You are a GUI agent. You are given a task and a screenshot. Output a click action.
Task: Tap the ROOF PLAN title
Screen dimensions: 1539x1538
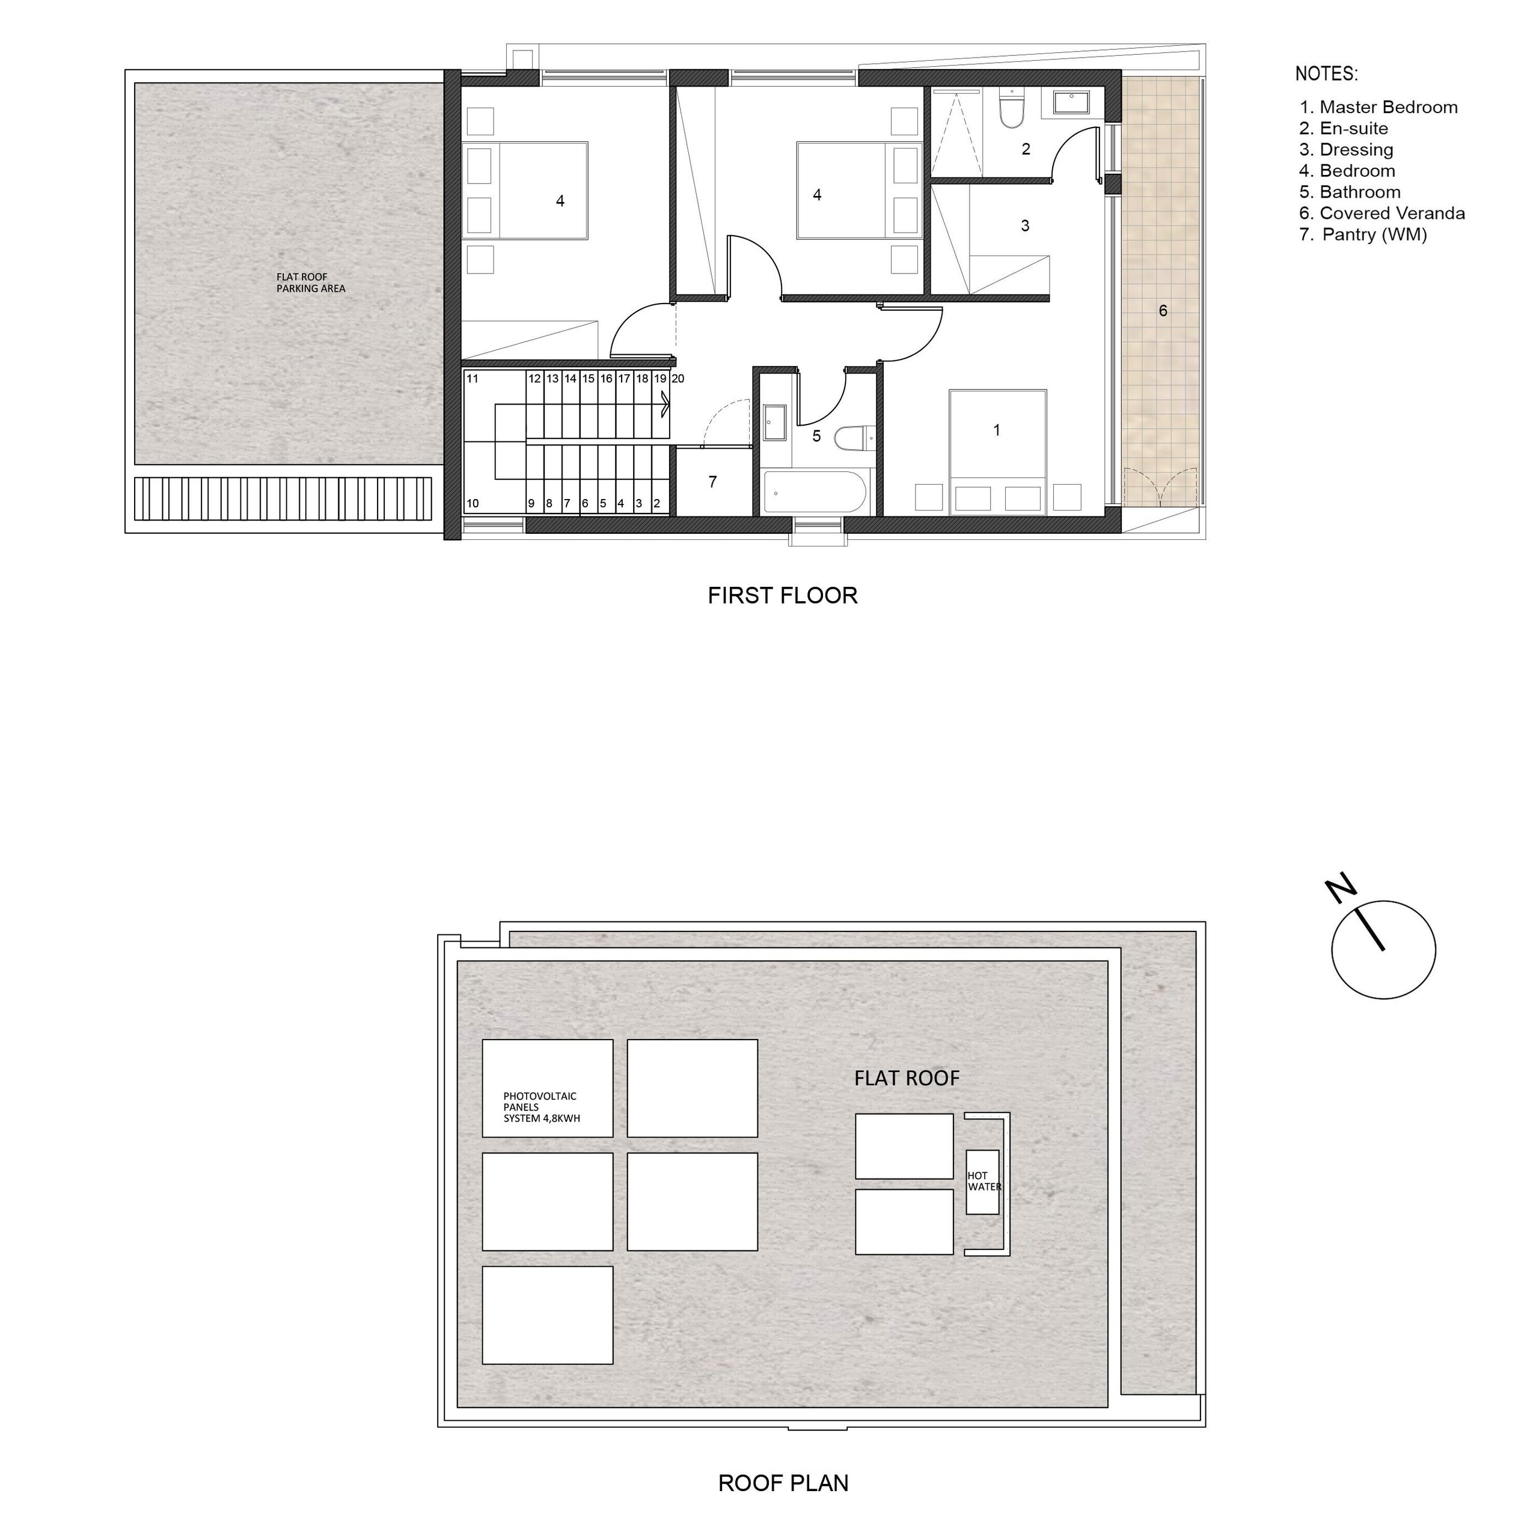[783, 1483]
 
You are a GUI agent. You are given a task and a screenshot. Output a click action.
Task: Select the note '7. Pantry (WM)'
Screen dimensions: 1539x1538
[1363, 234]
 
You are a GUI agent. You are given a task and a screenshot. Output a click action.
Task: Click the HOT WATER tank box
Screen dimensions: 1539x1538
[982, 1182]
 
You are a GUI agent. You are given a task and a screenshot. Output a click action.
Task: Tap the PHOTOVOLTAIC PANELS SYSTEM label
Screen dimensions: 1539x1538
[542, 1107]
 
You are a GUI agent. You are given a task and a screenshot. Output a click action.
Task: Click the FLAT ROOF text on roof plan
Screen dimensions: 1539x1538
[907, 1078]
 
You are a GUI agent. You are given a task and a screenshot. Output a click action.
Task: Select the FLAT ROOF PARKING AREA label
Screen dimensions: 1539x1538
[311, 283]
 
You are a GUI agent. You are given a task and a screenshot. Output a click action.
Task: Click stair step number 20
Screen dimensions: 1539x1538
[678, 379]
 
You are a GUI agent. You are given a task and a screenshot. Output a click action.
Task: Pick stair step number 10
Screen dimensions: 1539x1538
[473, 504]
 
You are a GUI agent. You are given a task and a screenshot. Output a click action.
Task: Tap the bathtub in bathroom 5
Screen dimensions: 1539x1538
[814, 492]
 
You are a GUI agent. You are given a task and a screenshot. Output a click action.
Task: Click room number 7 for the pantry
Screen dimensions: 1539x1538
[713, 482]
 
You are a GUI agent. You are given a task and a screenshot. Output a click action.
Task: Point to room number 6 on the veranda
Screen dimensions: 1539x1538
[1163, 311]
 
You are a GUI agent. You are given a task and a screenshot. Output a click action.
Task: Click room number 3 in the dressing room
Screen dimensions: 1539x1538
[1025, 225]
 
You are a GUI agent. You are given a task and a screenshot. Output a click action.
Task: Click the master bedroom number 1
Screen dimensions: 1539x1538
[997, 430]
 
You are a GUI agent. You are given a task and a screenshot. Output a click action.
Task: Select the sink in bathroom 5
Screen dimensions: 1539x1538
[774, 422]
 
